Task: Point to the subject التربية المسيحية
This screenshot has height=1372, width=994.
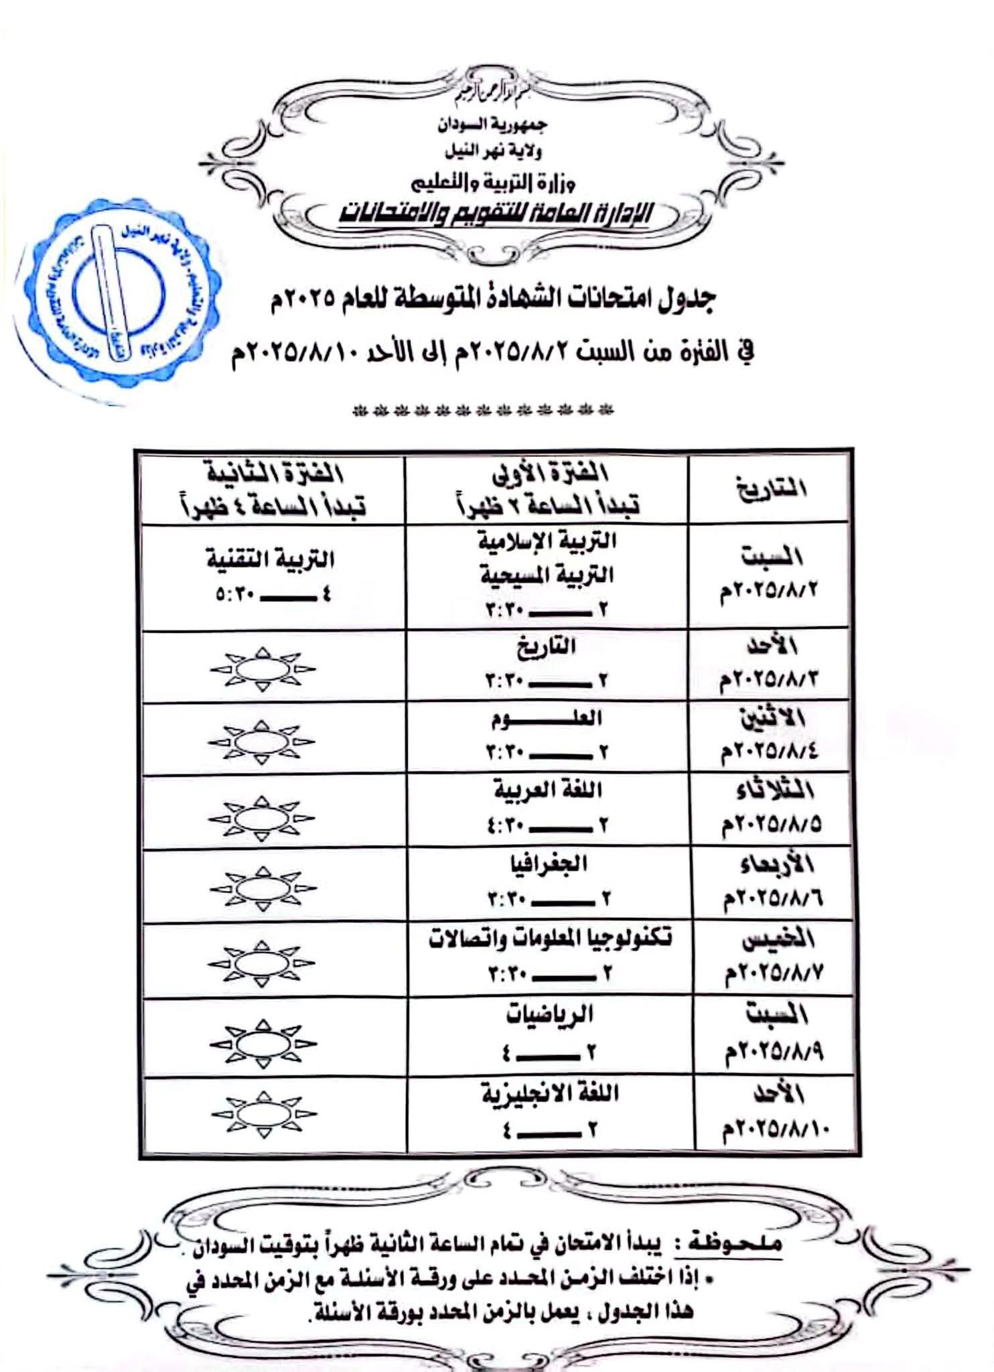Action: pos(547,575)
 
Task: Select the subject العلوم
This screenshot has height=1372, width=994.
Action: pos(547,719)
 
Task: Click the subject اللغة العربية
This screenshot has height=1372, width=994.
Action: pos(547,791)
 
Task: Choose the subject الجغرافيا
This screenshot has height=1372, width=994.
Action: pos(547,864)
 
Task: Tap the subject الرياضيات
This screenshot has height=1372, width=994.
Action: pos(549,1014)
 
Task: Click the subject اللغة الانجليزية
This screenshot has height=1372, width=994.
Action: pos(549,1093)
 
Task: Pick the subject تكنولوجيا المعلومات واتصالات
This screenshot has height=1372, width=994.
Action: pos(549,938)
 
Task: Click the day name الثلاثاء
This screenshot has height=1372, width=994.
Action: pos(774,791)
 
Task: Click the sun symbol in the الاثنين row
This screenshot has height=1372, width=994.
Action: pos(262,743)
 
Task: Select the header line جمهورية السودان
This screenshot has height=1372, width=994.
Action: pos(492,125)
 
